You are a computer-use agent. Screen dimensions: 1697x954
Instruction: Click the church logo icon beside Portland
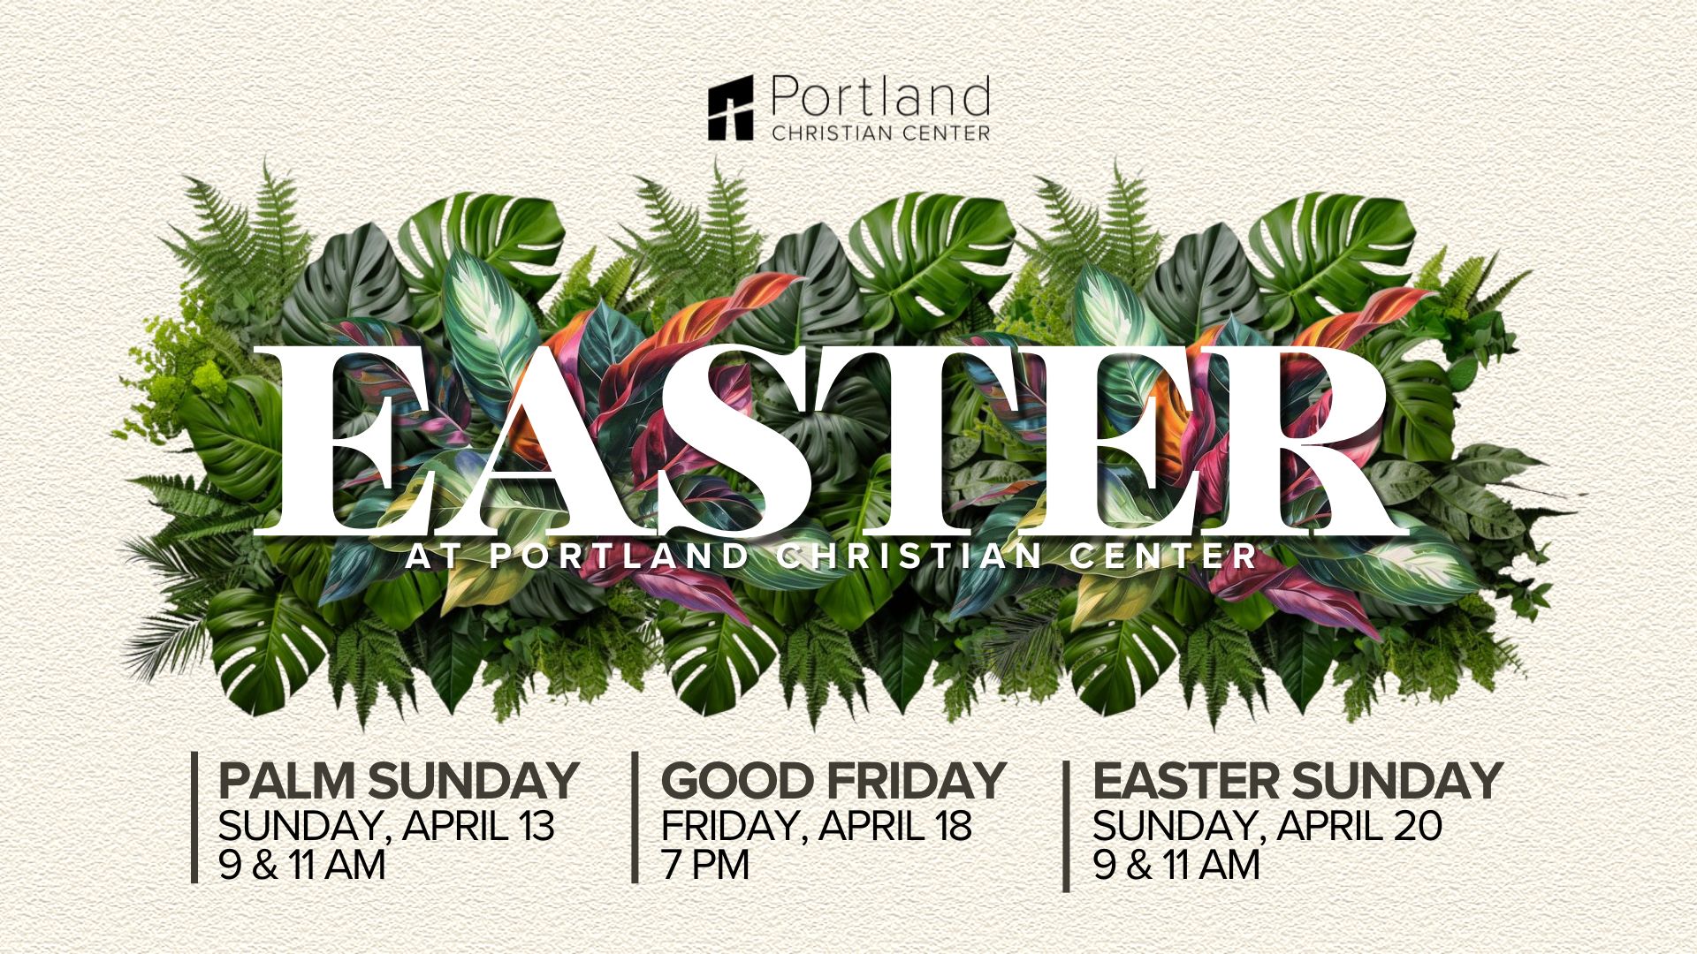click(x=730, y=108)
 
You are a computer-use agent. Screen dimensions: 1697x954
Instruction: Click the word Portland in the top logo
click(x=880, y=97)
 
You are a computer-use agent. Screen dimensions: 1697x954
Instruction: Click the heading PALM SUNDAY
click(x=398, y=781)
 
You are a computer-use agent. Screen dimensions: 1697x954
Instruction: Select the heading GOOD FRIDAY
click(x=833, y=781)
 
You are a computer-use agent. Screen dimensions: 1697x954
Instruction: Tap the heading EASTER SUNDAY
click(x=1297, y=781)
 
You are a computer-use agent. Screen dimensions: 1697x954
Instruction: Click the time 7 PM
click(x=705, y=864)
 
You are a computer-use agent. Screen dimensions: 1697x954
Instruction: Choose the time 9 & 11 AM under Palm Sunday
click(x=302, y=864)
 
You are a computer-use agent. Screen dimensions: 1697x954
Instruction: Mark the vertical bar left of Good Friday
click(x=635, y=817)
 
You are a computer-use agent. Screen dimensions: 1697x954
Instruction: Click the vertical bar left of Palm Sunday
click(x=194, y=817)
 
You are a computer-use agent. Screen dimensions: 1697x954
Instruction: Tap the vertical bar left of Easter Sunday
click(x=1066, y=826)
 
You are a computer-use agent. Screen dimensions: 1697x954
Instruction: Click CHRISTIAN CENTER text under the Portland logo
click(x=880, y=132)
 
